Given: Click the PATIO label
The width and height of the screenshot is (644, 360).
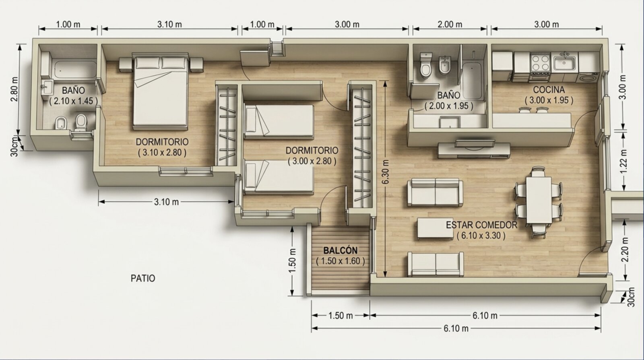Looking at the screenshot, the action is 143,278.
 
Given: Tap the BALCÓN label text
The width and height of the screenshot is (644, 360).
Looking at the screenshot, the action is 341,250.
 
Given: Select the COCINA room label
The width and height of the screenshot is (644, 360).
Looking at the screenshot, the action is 549,90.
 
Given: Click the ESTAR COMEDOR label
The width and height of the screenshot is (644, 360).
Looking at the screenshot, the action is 481,225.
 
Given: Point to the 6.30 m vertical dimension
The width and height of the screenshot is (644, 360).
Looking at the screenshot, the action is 386,172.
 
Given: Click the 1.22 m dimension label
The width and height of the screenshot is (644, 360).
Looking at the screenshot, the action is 623,161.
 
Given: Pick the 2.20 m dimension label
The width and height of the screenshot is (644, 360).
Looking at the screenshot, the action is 624,250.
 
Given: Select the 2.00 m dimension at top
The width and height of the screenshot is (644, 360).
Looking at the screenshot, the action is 450,25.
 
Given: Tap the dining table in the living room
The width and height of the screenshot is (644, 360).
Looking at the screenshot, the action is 539,200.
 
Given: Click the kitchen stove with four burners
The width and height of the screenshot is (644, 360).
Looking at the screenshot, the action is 540,66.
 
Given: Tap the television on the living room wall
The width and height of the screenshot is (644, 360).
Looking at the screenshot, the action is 475,143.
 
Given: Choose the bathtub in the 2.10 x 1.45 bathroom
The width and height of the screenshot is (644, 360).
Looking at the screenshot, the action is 75,70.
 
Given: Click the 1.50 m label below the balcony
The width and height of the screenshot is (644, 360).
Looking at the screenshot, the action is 341,316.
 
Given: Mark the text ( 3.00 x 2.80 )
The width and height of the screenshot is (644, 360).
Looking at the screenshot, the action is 312,161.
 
